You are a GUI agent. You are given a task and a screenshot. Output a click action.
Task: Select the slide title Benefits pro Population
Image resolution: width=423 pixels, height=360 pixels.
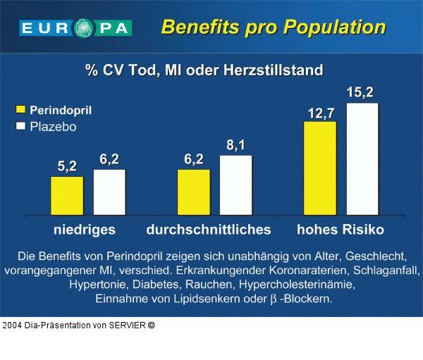[x=273, y=27]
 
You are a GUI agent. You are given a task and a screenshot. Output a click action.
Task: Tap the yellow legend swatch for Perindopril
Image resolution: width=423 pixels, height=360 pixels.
[x=20, y=110]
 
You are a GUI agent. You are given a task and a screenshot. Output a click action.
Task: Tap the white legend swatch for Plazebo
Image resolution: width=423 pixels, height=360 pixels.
[x=20, y=127]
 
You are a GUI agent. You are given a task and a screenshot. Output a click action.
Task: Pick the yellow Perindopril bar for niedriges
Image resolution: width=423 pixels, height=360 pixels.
[x=67, y=195]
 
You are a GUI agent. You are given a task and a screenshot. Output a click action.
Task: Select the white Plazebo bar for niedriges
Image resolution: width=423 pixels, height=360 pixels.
[x=109, y=192]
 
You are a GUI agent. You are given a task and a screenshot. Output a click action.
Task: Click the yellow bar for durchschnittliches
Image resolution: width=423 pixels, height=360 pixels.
[x=194, y=192]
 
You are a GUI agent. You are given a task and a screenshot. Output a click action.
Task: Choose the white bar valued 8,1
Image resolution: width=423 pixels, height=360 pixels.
[x=235, y=185]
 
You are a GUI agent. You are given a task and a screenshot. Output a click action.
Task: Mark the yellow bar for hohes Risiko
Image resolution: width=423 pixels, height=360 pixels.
[x=320, y=168]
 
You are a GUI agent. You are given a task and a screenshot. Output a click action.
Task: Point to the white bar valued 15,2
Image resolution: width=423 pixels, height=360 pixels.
[x=362, y=159]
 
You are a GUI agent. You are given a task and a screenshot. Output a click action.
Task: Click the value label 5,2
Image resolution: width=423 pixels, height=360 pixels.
[x=67, y=166]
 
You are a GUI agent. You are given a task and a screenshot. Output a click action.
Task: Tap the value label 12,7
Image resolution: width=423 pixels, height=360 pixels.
[x=320, y=112]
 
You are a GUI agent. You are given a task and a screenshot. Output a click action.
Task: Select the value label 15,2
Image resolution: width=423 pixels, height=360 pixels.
[x=360, y=92]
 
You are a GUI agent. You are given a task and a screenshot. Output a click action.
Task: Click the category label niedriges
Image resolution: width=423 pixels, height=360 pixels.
[x=85, y=230]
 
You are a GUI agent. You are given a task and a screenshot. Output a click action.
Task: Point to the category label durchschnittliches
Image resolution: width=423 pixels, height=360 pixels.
[x=209, y=230]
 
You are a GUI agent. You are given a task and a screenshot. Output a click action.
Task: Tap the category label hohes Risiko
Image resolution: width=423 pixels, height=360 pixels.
[x=340, y=230]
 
